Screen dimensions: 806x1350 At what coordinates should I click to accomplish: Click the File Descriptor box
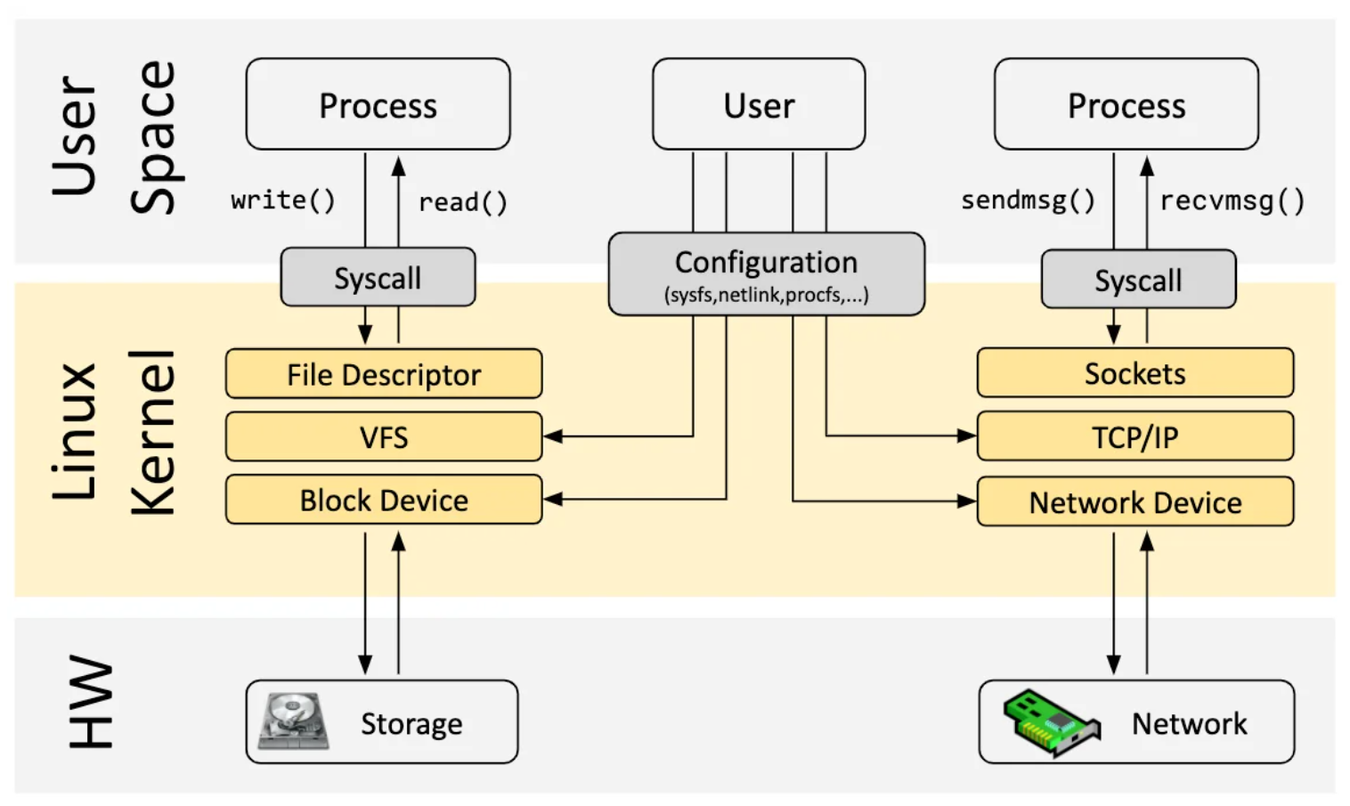coord(383,374)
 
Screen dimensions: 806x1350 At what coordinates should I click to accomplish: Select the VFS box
coord(383,436)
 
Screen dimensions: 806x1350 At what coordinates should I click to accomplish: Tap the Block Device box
coord(383,500)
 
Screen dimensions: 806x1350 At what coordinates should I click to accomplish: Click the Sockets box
coord(1134,373)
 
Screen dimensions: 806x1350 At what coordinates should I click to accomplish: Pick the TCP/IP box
coord(1134,436)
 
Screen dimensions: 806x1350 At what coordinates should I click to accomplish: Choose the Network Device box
coord(1134,501)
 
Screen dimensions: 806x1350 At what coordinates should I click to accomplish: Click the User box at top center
coord(759,105)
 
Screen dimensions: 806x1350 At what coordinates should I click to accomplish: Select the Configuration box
coord(766,274)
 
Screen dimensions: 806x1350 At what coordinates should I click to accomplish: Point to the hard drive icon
coord(292,721)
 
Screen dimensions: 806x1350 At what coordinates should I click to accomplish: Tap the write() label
coord(283,200)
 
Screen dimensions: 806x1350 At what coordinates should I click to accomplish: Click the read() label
coord(463,202)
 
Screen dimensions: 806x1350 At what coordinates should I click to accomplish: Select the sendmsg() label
coord(1028,200)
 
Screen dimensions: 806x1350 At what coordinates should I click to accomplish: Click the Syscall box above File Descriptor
coord(378,278)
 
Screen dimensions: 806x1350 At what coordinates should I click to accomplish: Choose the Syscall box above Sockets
coord(1138,280)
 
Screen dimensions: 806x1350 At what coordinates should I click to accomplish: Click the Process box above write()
coord(378,105)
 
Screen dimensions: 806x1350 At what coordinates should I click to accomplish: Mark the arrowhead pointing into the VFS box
coord(552,436)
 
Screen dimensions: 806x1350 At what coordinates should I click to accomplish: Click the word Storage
coord(411,723)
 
